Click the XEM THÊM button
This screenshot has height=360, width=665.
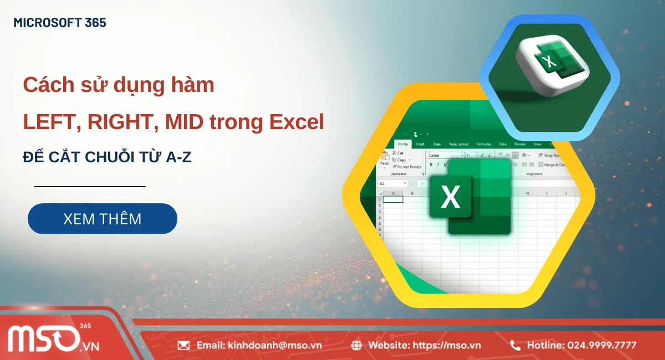click(103, 219)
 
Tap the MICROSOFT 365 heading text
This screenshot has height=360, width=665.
click(60, 23)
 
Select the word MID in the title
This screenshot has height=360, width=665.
click(181, 122)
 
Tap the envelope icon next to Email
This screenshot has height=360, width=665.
click(183, 346)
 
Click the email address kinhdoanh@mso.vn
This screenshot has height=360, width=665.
click(274, 346)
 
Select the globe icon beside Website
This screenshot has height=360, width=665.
click(357, 346)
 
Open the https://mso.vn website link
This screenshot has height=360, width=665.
click(448, 346)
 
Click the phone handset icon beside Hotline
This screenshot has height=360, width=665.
click(515, 346)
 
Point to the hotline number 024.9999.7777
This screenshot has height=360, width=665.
click(601, 346)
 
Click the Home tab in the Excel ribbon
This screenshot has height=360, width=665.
click(402, 144)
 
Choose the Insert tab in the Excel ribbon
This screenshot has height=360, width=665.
click(420, 144)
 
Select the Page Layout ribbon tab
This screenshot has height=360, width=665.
click(458, 144)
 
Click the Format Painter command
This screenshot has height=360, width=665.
click(409, 167)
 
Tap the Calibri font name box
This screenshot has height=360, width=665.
click(444, 156)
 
